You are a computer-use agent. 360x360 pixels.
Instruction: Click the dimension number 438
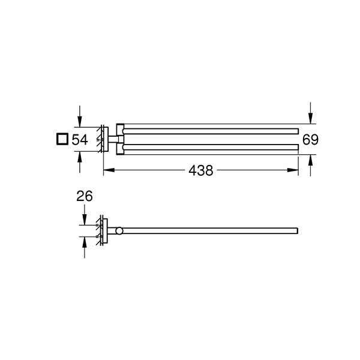200,170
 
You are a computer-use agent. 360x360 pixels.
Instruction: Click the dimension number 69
310,140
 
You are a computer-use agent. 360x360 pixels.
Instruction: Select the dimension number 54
80,140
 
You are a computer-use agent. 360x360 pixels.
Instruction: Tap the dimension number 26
85,196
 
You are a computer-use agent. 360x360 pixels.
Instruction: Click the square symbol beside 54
62,139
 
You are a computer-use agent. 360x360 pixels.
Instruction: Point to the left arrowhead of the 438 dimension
109,170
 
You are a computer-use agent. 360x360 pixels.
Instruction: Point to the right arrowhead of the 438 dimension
293,170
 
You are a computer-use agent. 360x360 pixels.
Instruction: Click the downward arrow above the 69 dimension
310,113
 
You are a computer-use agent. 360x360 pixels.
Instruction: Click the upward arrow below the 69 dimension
310,166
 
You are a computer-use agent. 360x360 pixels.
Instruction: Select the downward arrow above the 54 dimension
80,116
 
